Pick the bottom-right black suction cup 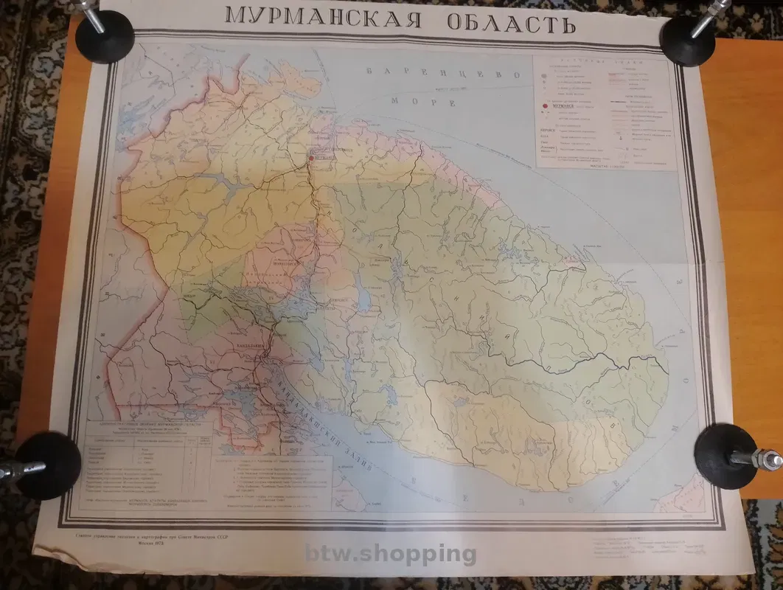(726, 455)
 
